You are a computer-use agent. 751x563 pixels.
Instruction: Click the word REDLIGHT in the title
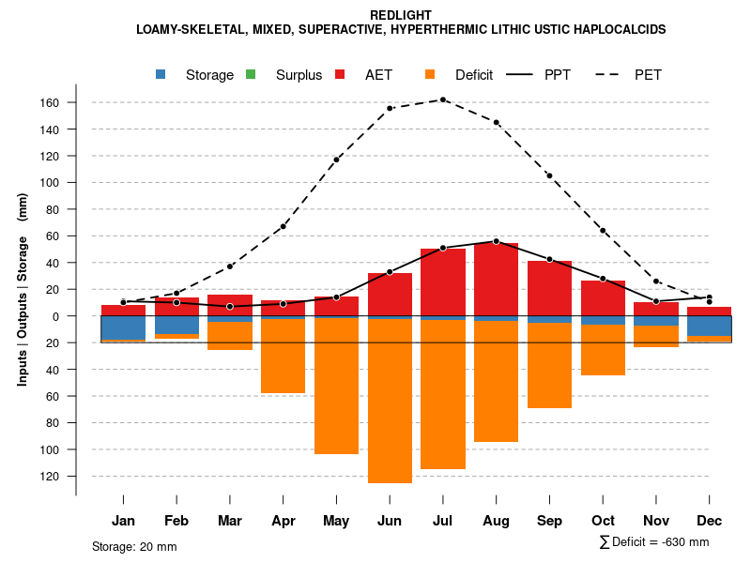(x=401, y=15)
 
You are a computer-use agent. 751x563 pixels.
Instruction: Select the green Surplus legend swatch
(x=251, y=75)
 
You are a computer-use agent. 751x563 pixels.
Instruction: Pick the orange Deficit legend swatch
(x=430, y=75)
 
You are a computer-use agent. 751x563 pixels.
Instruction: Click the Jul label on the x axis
(x=443, y=521)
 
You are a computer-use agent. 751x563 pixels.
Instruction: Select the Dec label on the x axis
(x=710, y=521)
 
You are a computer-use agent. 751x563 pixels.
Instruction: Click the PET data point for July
(x=443, y=99)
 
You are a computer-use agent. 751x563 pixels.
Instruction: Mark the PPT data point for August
(x=497, y=241)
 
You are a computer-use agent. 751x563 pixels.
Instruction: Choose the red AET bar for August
(x=497, y=281)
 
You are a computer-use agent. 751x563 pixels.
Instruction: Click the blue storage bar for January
(x=123, y=327)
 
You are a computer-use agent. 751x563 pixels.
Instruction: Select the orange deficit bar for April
(x=283, y=356)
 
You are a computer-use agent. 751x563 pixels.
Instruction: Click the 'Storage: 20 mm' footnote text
(x=134, y=546)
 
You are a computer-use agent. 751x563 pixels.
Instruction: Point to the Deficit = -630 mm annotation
(x=654, y=542)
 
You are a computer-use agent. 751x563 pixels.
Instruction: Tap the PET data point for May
(x=336, y=160)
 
